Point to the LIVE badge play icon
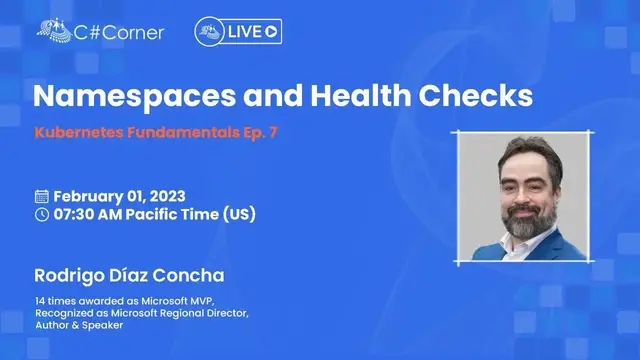271,32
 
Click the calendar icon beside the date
42,196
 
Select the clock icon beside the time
42,214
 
